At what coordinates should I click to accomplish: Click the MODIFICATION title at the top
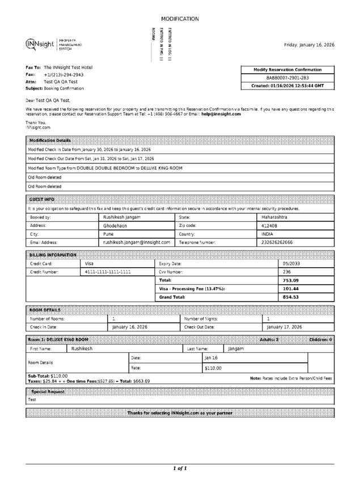coord(180,19)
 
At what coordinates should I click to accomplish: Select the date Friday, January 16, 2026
coord(309,45)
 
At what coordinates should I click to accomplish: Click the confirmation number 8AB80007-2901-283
coord(287,78)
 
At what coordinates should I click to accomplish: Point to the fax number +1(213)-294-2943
coord(63,74)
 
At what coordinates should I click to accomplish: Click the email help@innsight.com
coord(221,114)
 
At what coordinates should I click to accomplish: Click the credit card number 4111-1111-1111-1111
coord(108,272)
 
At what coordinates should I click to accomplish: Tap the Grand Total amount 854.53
coord(291,297)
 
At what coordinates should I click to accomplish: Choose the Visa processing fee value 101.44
coord(291,289)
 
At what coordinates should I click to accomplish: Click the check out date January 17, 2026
coord(284,327)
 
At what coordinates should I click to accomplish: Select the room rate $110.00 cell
coord(213,368)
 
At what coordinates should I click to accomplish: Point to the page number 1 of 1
coord(180,468)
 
